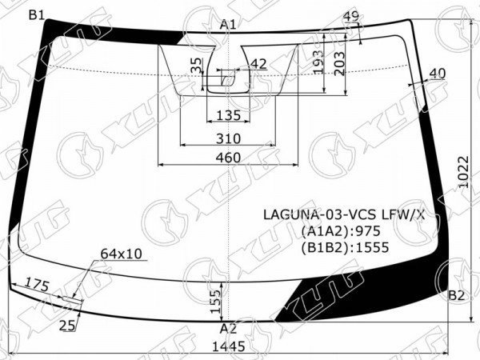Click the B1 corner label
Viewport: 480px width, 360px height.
point(37,14)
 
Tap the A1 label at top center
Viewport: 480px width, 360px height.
point(228,25)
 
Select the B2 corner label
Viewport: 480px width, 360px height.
point(457,295)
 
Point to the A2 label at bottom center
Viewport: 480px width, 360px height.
point(228,329)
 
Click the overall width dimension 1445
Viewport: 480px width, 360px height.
point(229,346)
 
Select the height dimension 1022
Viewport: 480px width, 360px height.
point(464,172)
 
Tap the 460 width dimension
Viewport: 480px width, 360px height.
point(228,158)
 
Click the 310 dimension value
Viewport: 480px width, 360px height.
point(228,138)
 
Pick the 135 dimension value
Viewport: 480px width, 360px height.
point(229,116)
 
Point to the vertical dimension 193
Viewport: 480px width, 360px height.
point(318,62)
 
